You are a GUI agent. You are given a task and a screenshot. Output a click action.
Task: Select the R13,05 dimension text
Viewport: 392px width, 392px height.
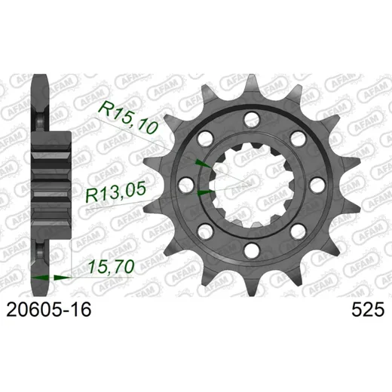116,192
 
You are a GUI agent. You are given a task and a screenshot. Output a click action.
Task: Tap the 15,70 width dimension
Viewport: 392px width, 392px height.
111,267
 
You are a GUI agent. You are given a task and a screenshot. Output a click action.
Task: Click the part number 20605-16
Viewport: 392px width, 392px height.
49,310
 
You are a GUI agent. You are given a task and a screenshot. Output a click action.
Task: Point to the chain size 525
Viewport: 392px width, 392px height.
368,310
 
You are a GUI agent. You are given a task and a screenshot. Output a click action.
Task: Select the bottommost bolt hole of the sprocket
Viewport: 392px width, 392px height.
252,250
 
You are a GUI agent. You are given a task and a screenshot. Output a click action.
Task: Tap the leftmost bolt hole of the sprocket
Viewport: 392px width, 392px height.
186,185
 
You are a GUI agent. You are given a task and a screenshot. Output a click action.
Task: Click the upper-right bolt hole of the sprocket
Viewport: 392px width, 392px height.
298,139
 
